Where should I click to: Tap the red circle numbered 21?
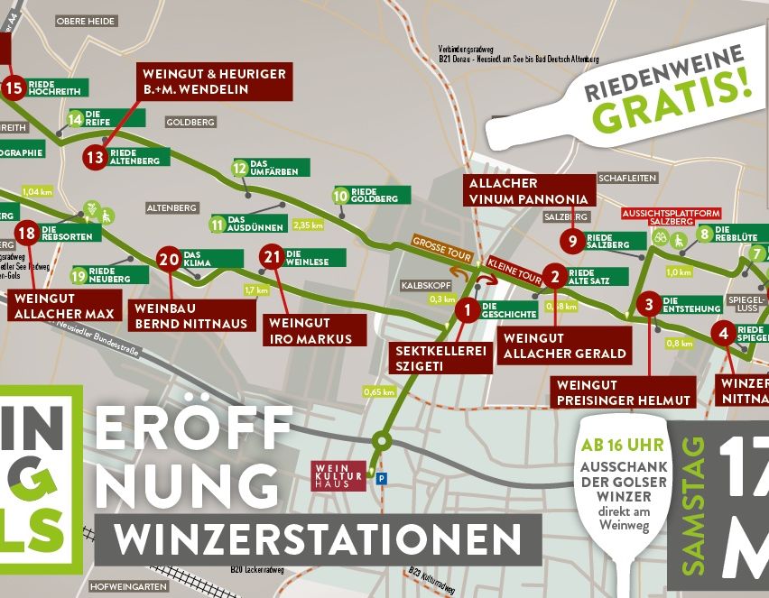(272, 257)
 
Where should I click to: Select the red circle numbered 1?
(467, 310)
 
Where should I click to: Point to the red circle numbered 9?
(571, 241)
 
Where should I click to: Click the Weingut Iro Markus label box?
(310, 330)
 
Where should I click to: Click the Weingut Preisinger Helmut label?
(622, 393)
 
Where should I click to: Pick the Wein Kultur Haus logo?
(338, 475)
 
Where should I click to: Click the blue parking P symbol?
(382, 478)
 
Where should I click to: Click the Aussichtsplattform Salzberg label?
(671, 216)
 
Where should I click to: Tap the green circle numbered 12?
(239, 168)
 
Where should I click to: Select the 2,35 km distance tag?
(308, 225)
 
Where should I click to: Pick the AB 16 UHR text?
(623, 445)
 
